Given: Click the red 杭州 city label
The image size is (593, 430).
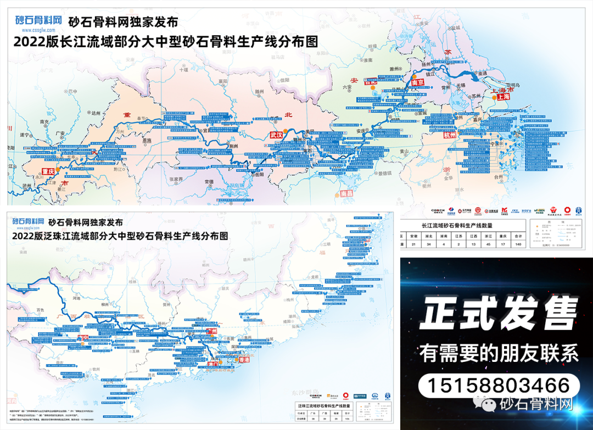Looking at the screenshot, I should [449, 135].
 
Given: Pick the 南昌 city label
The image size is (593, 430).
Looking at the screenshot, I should [347, 193].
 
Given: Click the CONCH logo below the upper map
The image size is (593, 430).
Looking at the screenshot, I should [438, 210].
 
